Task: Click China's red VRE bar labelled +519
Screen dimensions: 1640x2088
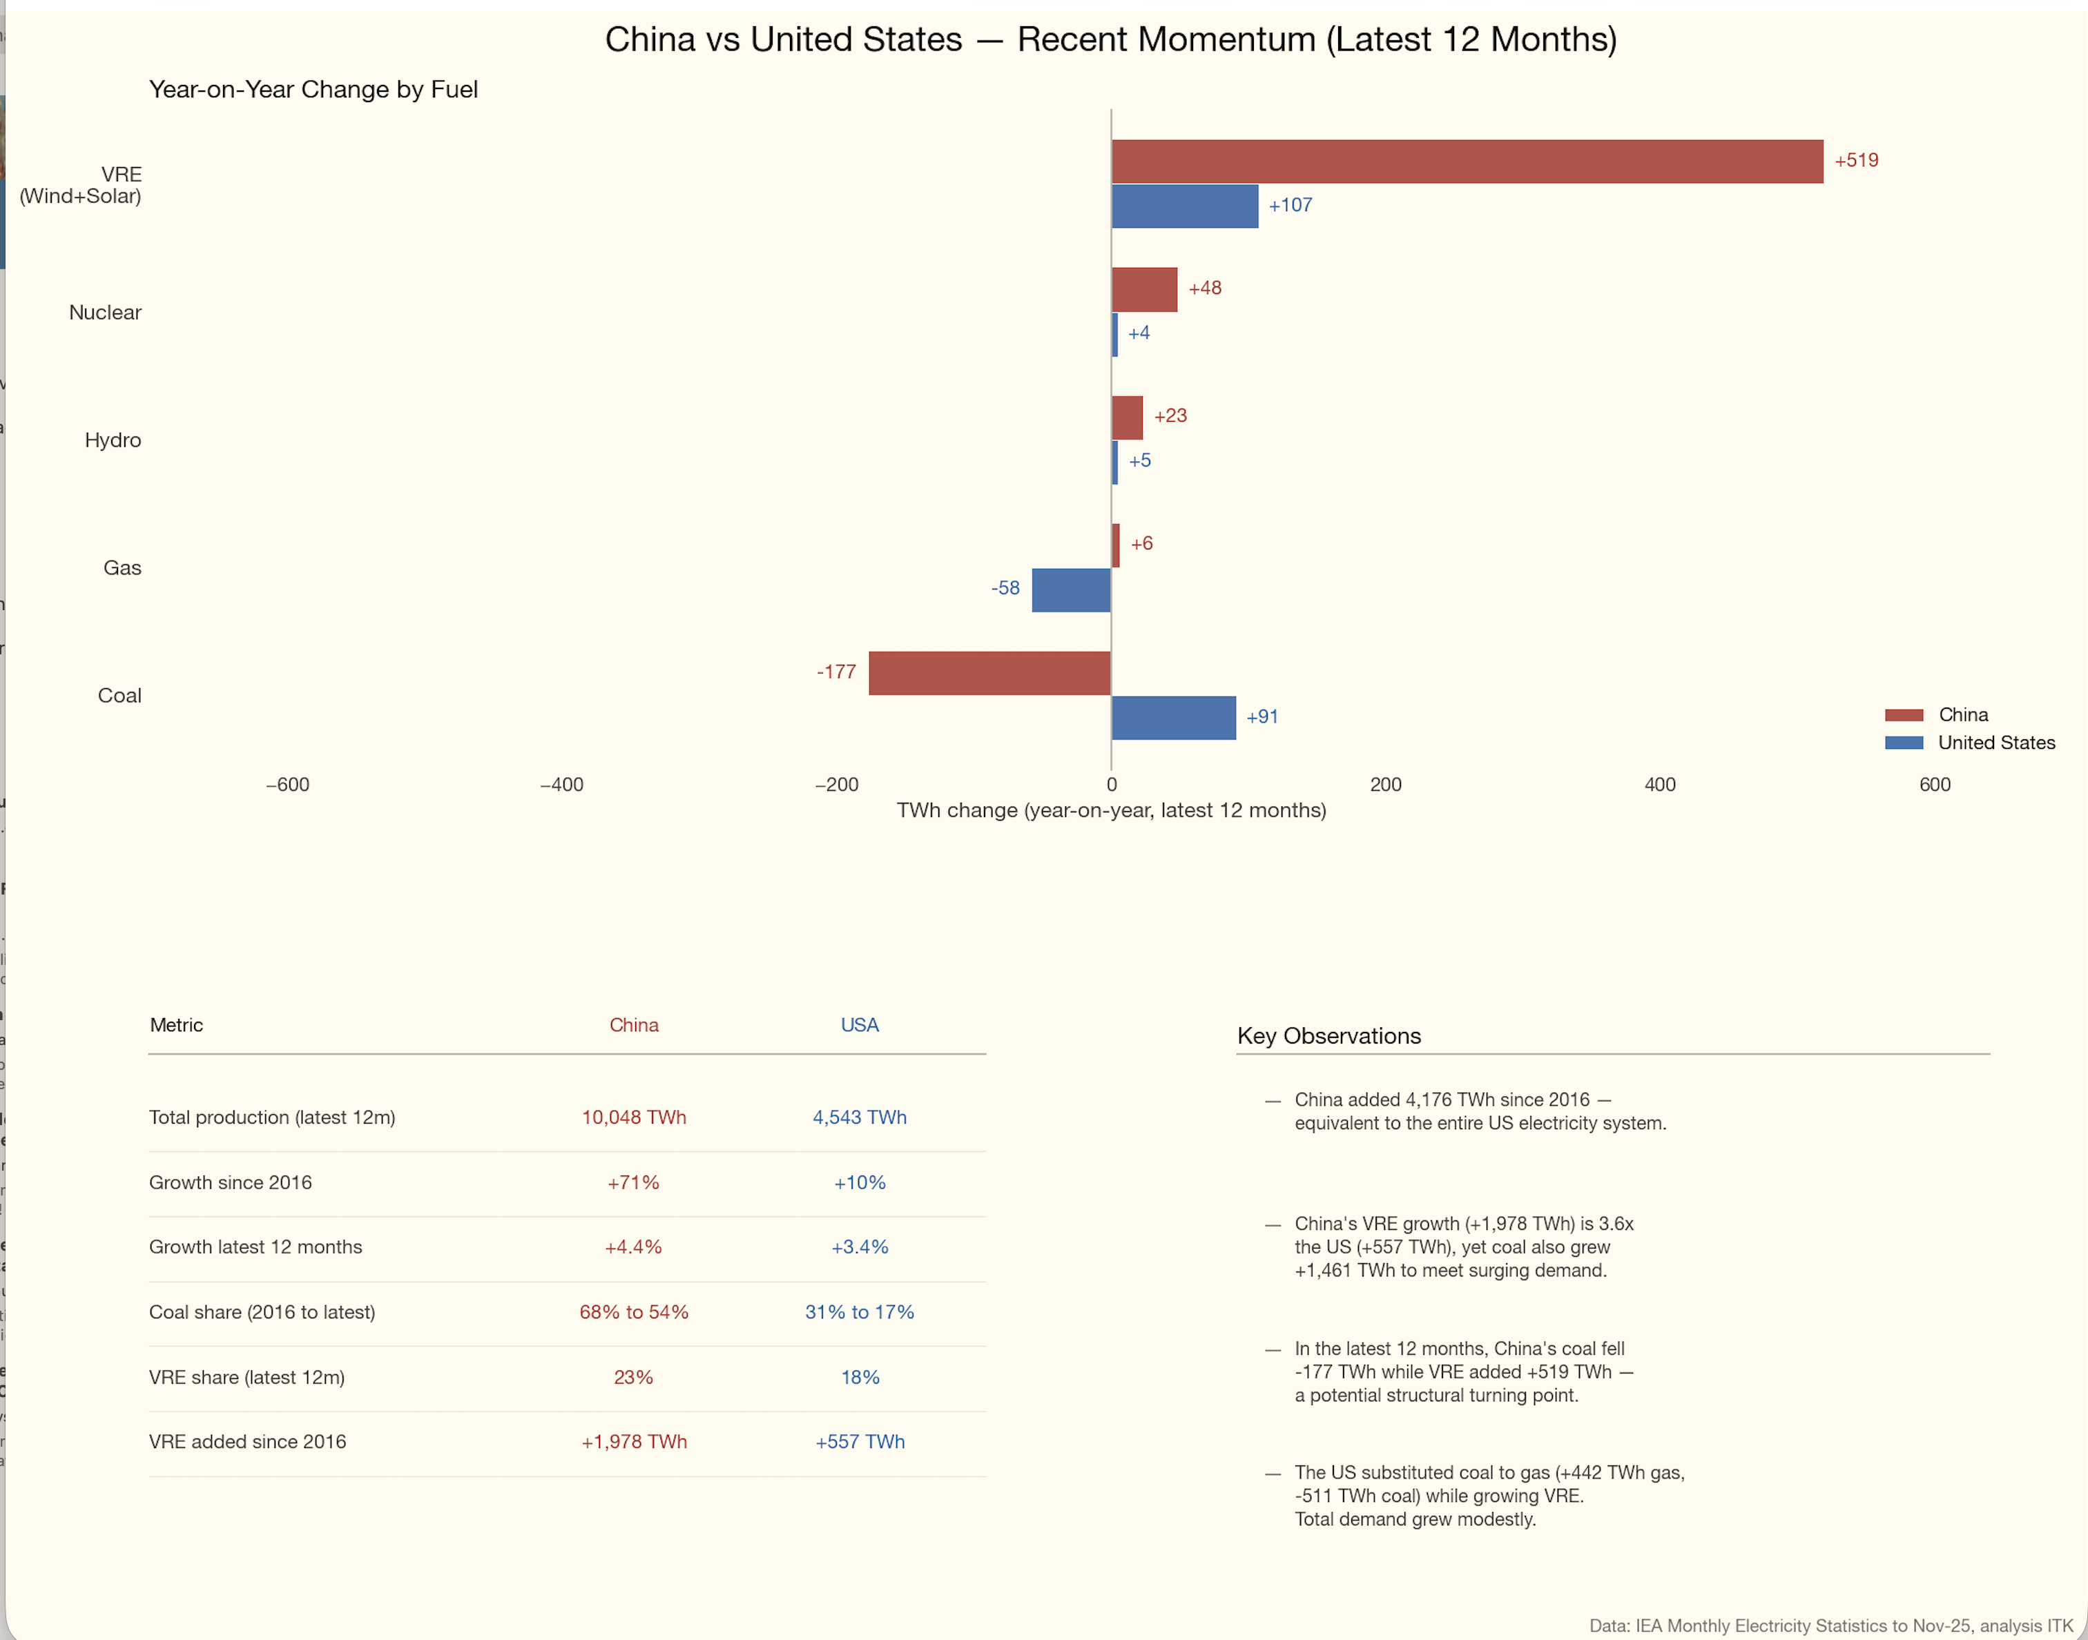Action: (1467, 162)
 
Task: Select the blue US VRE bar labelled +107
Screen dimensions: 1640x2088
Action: (1184, 206)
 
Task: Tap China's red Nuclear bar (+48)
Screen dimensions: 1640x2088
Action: (1144, 289)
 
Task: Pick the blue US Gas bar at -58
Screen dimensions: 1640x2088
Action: (1071, 589)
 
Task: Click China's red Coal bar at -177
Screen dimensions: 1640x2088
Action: (989, 673)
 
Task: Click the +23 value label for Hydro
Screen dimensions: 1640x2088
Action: (1170, 416)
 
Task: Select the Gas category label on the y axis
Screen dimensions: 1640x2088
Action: (122, 567)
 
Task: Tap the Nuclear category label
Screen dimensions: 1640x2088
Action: (105, 312)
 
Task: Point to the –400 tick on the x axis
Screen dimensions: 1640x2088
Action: (562, 785)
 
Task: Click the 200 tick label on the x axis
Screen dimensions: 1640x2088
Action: (1385, 785)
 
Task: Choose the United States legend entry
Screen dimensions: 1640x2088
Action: (1995, 742)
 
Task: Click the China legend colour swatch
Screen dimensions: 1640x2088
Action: (1903, 715)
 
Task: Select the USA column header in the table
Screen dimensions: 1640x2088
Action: (860, 1024)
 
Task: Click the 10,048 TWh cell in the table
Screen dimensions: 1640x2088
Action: (634, 1117)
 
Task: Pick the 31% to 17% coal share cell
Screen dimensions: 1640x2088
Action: (860, 1311)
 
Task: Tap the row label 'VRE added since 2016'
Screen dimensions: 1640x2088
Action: (248, 1441)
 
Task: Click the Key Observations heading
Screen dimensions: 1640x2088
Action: (1328, 1035)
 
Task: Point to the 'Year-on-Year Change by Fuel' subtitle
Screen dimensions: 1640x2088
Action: (313, 89)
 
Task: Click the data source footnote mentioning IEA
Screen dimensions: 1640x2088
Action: (1830, 1626)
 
